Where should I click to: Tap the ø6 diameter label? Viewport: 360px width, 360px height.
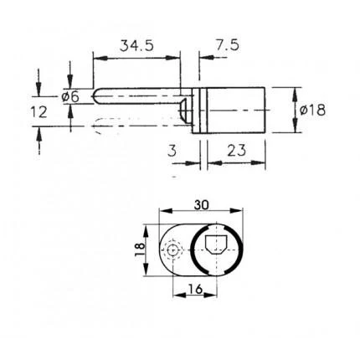click(71, 96)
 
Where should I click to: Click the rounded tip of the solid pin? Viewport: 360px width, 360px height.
click(95, 97)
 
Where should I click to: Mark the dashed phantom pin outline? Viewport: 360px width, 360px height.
click(134, 126)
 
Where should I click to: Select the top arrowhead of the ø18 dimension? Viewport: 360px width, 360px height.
click(295, 90)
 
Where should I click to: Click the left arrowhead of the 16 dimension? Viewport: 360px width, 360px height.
click(176, 296)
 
